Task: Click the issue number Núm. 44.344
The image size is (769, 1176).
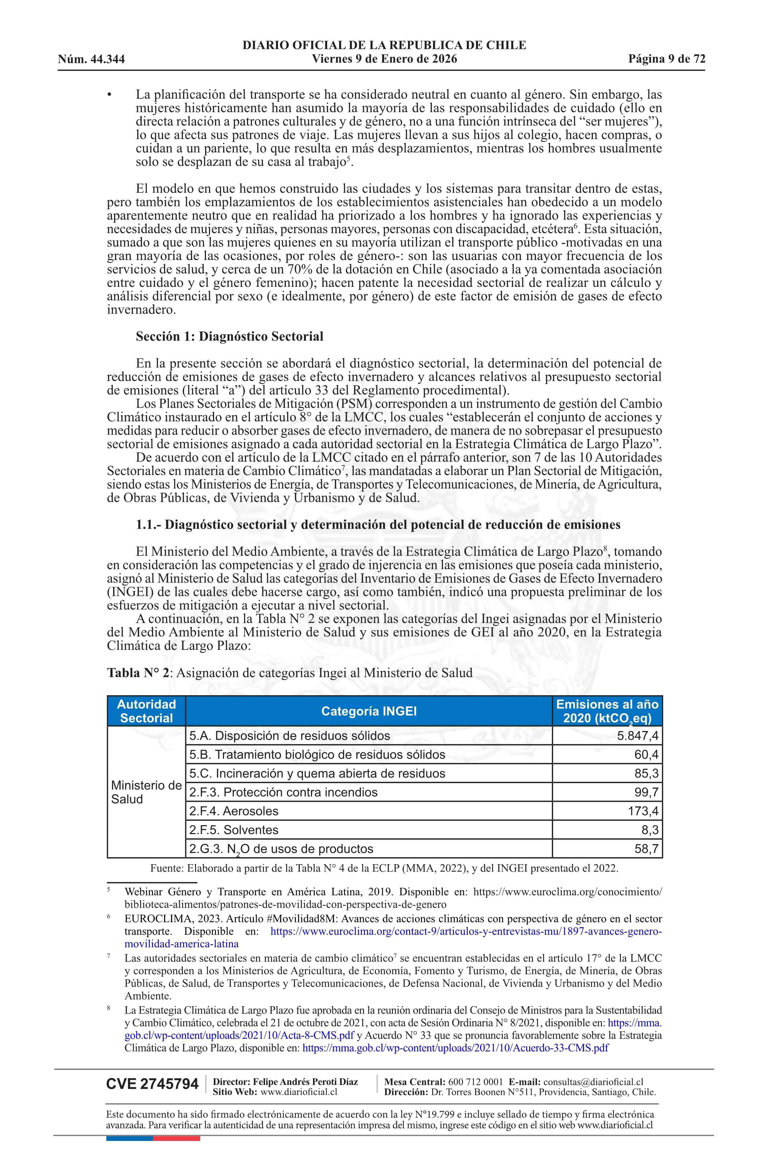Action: pos(91,59)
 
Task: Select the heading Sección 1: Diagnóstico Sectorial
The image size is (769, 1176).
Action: pos(229,337)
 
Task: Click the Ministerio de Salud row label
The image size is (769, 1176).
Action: pos(146,792)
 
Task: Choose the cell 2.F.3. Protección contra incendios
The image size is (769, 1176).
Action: pos(283,792)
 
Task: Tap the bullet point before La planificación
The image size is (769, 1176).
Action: pos(110,94)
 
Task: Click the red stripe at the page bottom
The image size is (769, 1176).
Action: pos(176,1138)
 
